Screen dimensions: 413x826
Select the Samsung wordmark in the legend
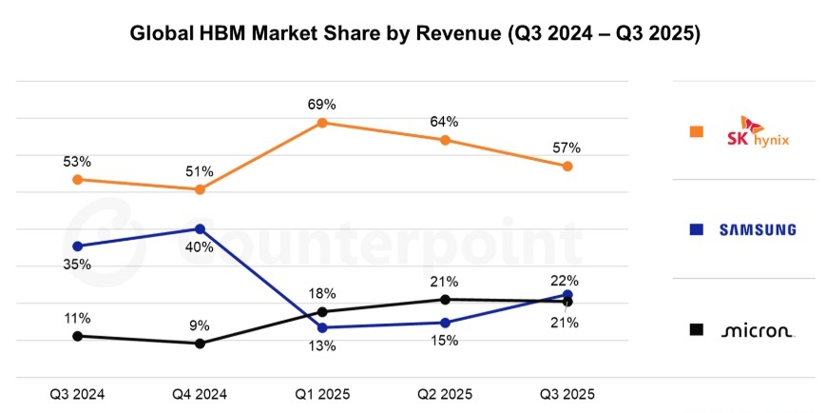click(x=757, y=229)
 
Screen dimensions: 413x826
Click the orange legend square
click(x=697, y=132)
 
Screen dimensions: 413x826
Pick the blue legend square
click(x=697, y=229)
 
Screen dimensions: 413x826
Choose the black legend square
click(x=697, y=329)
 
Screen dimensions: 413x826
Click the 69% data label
click(x=322, y=104)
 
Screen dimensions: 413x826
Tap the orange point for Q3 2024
click(x=77, y=179)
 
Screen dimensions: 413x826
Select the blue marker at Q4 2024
click(x=200, y=228)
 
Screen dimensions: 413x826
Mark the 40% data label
click(x=201, y=248)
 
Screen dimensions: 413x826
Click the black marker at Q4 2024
click(x=200, y=344)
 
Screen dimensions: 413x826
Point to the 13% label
click(x=322, y=346)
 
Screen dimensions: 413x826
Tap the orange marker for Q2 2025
click(x=445, y=140)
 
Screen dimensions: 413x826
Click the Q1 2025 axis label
click(x=322, y=393)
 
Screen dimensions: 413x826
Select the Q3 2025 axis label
click(x=567, y=393)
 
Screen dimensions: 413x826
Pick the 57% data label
click(x=567, y=147)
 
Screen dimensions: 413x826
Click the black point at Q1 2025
click(x=322, y=311)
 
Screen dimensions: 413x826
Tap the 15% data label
click(x=445, y=341)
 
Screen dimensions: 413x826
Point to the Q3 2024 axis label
click(x=77, y=393)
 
